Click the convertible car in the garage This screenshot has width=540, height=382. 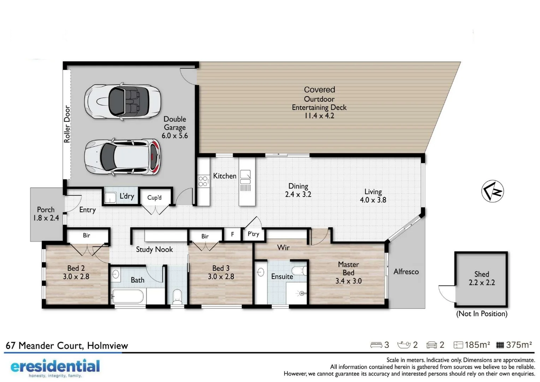coord(122,102)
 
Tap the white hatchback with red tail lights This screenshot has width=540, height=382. coord(122,157)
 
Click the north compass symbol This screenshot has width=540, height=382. coord(492,191)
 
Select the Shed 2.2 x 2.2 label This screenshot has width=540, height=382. coord(481,278)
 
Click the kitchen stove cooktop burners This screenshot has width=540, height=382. coord(203,181)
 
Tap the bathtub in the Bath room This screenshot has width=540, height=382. coord(128,296)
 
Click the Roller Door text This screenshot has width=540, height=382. coord(67,124)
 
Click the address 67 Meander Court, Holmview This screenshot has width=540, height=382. coord(67,346)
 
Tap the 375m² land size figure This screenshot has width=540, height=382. coord(518,345)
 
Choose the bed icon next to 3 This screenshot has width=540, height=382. coord(376,345)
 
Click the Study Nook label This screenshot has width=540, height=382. coord(154,249)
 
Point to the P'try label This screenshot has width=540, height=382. coord(253,234)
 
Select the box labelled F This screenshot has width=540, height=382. coord(232,234)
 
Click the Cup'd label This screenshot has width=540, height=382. coord(154,197)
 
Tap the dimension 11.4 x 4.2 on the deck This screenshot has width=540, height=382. coord(319,116)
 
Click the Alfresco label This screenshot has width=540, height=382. coord(406,272)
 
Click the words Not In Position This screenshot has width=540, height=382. coord(481,314)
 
